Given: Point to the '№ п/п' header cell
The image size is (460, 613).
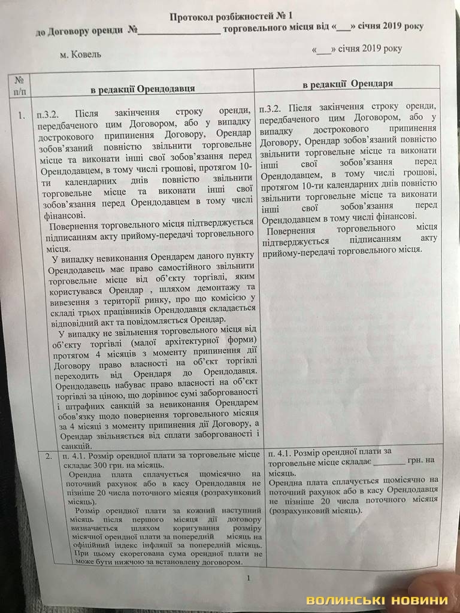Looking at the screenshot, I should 19,84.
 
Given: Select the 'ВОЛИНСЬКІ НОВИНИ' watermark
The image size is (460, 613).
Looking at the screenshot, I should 377,600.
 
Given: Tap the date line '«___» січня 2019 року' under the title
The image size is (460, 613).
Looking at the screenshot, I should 356,49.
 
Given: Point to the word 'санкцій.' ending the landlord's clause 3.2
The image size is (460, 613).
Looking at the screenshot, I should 76,446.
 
